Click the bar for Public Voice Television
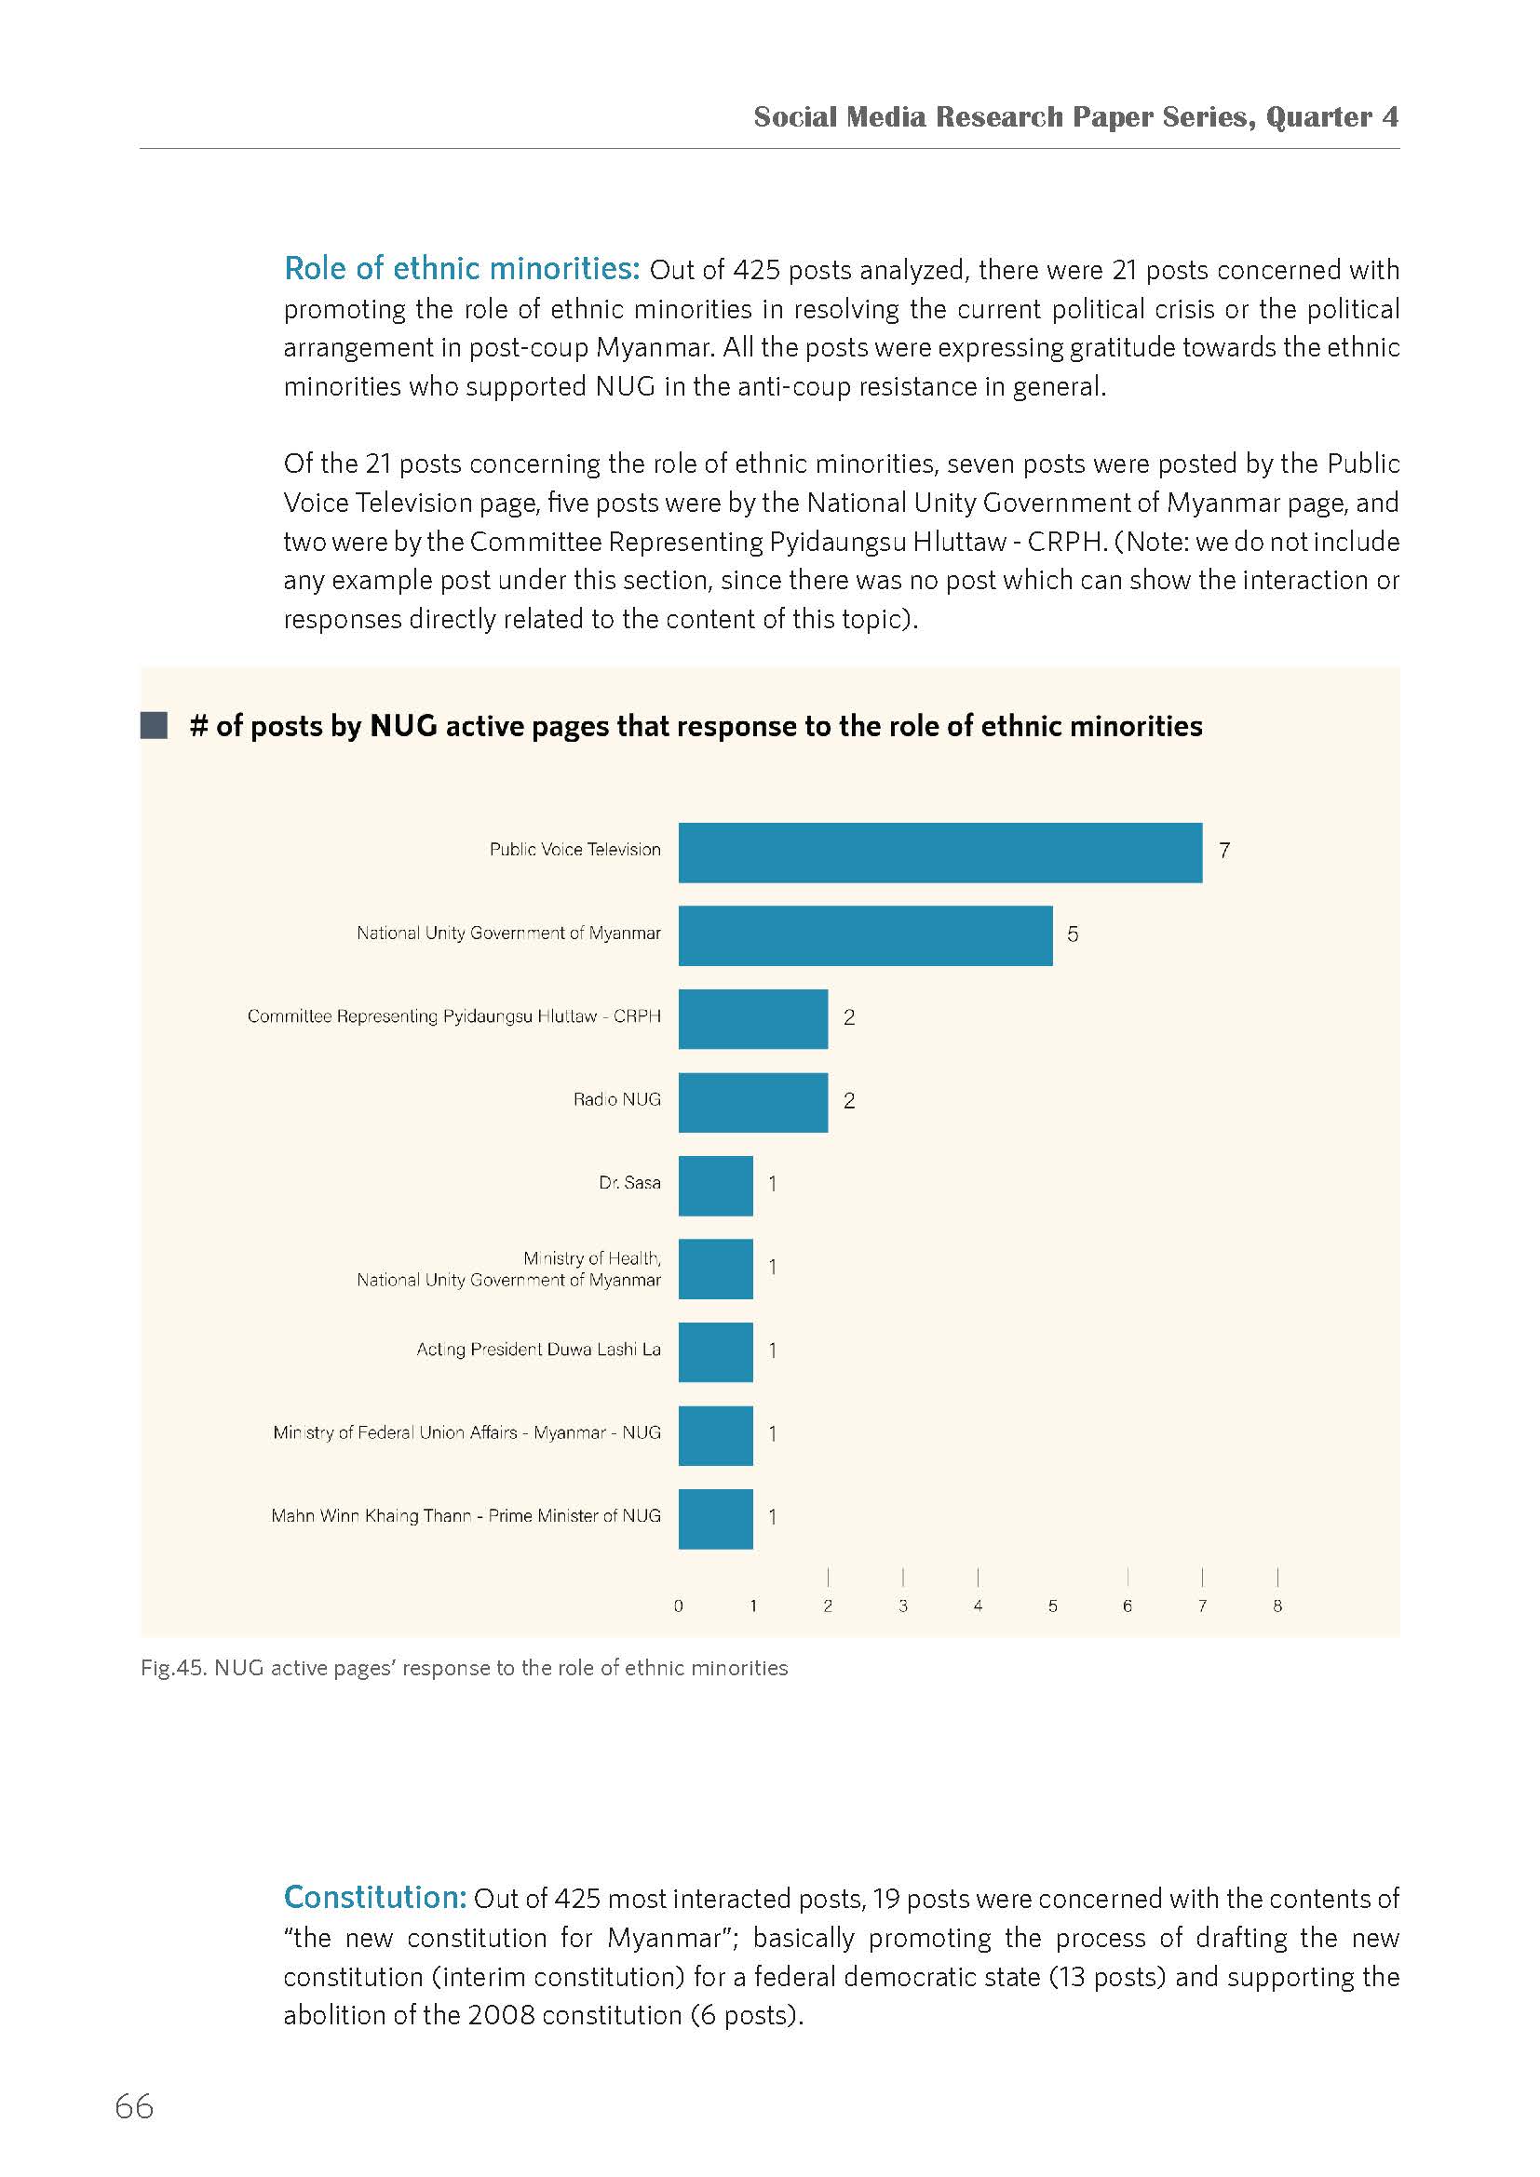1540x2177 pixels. point(939,853)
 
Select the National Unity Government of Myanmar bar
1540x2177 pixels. point(866,935)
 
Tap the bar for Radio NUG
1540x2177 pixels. point(753,1102)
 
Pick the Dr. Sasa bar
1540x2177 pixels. point(716,1185)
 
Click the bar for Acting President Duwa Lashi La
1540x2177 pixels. point(716,1352)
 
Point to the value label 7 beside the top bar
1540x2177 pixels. point(1224,852)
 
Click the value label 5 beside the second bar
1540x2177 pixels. point(1073,934)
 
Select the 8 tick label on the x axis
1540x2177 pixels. point(1277,1606)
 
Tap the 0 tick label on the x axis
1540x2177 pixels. point(678,1606)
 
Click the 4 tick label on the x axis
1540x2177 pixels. point(978,1606)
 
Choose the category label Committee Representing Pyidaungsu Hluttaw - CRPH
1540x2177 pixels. point(454,1016)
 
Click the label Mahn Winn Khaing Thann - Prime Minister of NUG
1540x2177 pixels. point(466,1516)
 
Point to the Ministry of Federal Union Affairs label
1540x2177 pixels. point(466,1432)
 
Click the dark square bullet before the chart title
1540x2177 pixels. point(154,726)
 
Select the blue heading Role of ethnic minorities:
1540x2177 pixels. point(463,268)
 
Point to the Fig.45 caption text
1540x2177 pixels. point(464,1668)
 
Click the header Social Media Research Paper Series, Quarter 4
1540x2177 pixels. point(1076,116)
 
